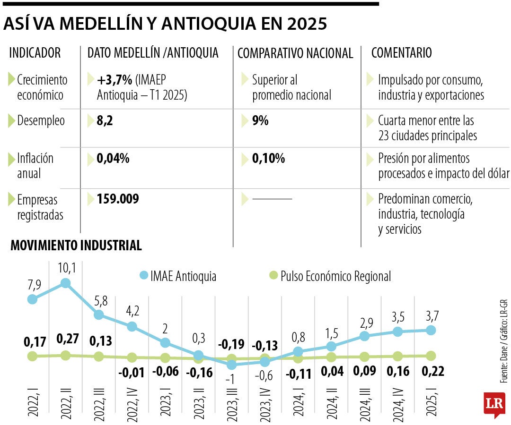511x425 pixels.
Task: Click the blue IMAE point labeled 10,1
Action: (x=66, y=283)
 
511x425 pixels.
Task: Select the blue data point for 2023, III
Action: (x=231, y=365)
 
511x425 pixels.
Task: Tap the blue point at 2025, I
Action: (x=431, y=330)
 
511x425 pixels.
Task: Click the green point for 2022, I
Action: (x=32, y=356)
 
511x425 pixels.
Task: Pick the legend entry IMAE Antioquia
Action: (x=178, y=276)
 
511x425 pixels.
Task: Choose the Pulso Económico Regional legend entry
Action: (x=330, y=276)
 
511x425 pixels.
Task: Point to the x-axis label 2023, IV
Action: (x=265, y=400)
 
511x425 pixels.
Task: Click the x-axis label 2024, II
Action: (x=331, y=400)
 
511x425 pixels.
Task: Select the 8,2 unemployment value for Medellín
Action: (x=105, y=121)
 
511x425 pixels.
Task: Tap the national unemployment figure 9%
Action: (x=260, y=121)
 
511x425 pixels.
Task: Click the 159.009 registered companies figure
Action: (x=118, y=199)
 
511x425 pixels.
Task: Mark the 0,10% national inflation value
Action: (x=268, y=159)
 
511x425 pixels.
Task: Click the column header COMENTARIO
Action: (x=401, y=53)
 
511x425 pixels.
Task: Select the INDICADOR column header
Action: (x=35, y=53)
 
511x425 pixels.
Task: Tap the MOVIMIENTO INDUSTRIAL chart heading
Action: (x=76, y=246)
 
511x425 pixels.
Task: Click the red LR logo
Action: (x=494, y=404)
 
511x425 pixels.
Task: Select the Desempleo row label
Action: (x=41, y=121)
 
